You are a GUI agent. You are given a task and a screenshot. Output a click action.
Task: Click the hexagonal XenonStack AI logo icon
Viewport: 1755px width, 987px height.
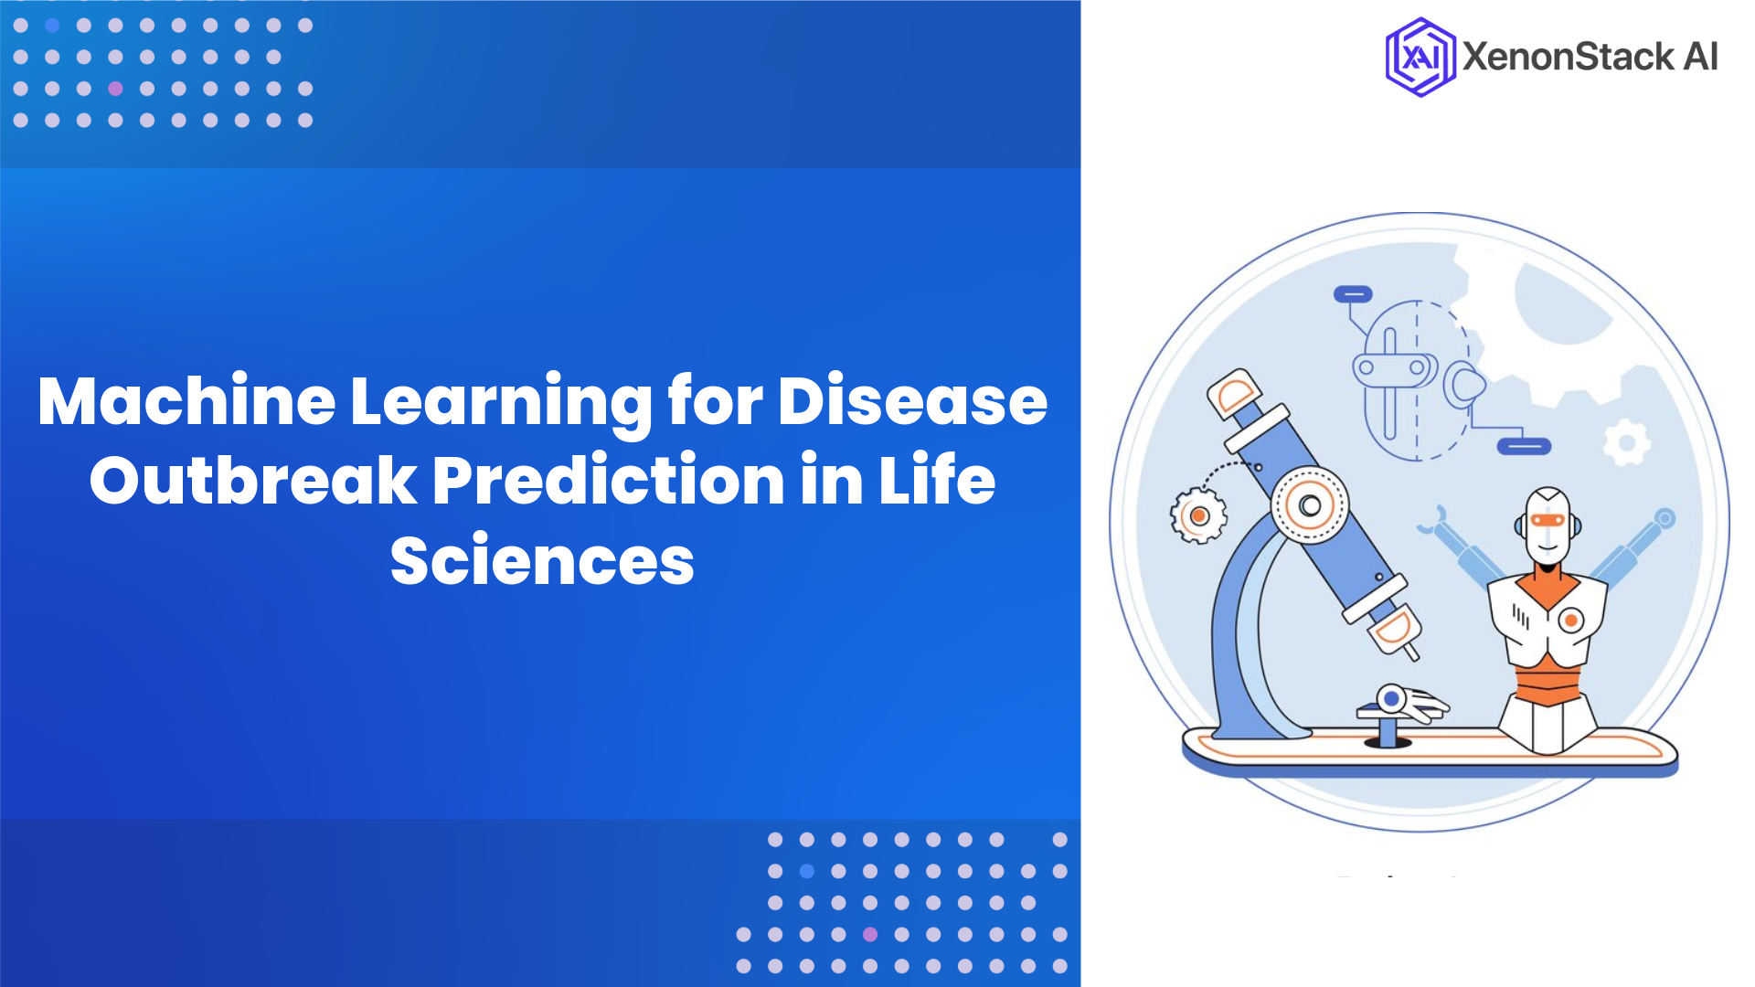(x=1420, y=57)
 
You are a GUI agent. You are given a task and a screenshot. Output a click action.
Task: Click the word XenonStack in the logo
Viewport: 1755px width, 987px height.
(x=1568, y=57)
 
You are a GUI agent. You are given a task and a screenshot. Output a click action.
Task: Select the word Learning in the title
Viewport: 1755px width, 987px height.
(x=501, y=402)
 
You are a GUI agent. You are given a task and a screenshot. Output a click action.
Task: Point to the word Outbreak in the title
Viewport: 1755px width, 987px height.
(x=253, y=481)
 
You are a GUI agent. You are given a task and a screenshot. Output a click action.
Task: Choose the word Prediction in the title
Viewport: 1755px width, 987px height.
(x=608, y=481)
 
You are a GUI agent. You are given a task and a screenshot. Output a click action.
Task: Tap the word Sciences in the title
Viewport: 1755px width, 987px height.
(x=542, y=560)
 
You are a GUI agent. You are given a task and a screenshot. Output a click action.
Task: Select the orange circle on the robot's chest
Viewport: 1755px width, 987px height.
(x=1570, y=621)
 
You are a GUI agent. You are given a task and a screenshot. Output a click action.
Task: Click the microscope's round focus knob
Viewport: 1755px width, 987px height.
(x=1310, y=504)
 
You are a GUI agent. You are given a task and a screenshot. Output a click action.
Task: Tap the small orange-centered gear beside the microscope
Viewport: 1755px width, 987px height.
(x=1198, y=515)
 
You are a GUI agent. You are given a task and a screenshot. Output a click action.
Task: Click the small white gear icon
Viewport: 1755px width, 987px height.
(x=1627, y=443)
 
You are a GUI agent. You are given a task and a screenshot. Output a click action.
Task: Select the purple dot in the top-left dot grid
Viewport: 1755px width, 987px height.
(x=115, y=89)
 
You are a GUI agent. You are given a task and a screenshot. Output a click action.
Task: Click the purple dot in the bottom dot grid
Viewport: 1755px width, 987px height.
(x=870, y=934)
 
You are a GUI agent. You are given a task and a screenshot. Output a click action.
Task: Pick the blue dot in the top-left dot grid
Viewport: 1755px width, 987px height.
(x=52, y=26)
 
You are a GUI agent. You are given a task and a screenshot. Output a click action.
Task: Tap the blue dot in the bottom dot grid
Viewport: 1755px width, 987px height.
(x=806, y=871)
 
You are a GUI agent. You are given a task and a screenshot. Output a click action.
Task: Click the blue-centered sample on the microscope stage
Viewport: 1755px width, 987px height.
(x=1391, y=699)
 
